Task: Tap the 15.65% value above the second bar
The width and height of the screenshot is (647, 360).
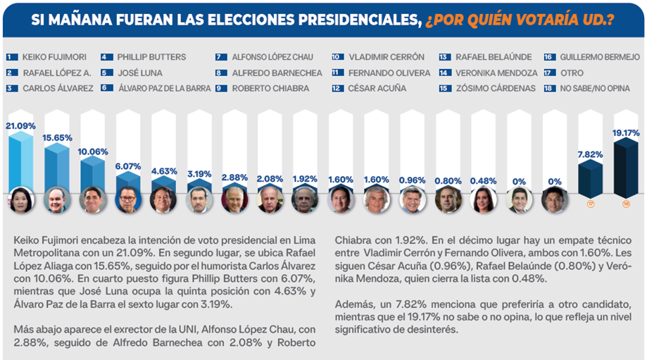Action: [x=57, y=138]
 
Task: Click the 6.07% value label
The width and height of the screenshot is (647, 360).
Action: [x=129, y=166]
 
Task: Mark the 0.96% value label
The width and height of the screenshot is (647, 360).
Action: [x=412, y=180]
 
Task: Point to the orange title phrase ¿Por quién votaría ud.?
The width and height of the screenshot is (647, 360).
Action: [x=518, y=19]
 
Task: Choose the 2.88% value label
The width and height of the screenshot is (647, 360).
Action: [x=234, y=177]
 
